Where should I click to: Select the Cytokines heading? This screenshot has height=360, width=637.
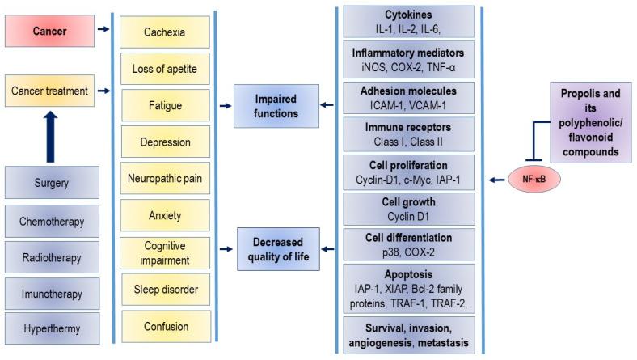tap(409, 15)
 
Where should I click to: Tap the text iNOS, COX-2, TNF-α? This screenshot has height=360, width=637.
tap(409, 66)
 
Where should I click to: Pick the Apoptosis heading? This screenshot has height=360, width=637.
tap(409, 275)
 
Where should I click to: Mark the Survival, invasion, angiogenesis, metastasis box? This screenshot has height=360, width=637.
tap(409, 336)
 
